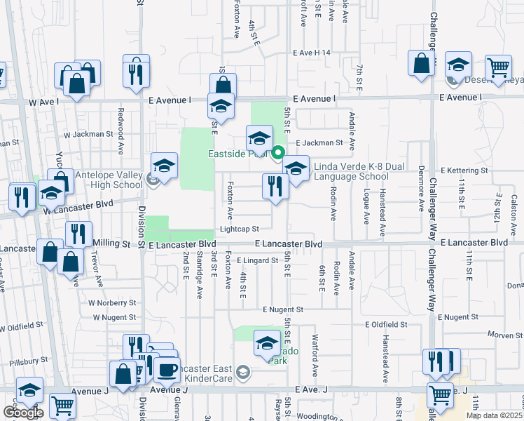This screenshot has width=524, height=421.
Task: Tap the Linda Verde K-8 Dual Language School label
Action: click(350, 171)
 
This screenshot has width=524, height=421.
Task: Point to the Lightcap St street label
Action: click(239, 229)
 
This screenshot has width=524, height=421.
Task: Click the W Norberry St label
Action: click(112, 303)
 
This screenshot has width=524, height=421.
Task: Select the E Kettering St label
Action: click(465, 171)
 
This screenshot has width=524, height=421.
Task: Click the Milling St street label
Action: click(111, 243)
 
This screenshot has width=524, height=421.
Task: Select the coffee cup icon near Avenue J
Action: click(166, 369)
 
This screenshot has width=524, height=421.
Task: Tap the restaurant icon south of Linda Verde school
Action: click(275, 187)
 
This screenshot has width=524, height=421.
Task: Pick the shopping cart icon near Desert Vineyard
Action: click(498, 67)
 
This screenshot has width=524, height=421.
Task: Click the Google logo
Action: click(23, 413)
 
